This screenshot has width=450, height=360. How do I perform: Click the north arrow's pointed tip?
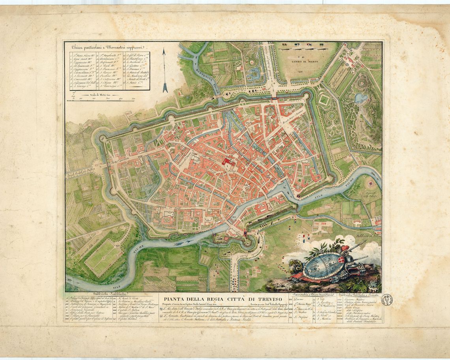[x=165, y=50]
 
